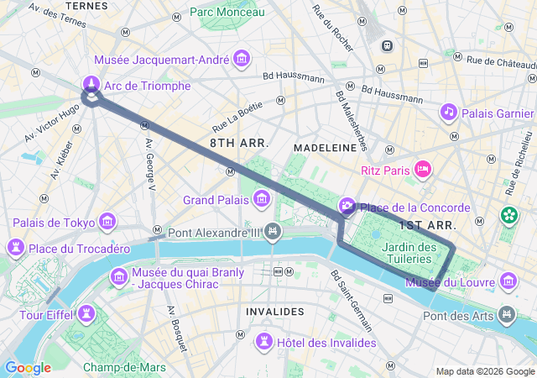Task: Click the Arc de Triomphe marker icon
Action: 91,84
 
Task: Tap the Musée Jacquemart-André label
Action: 163,60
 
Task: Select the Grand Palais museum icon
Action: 262,199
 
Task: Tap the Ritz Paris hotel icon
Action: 423,170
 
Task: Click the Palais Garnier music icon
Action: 449,112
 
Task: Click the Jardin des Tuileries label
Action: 409,253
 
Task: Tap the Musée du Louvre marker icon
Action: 508,281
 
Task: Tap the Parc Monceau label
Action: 227,12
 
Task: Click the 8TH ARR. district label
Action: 239,144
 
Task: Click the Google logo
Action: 28,368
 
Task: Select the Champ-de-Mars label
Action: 124,367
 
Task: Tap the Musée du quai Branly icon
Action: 118,276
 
